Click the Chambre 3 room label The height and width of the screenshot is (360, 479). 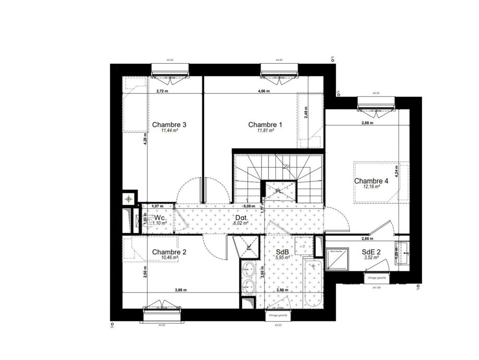[169, 125]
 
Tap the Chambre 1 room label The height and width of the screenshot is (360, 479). [265, 125]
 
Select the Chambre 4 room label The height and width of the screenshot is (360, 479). [371, 181]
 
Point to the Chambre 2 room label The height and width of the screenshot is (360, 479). [169, 252]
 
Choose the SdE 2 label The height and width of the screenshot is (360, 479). [371, 252]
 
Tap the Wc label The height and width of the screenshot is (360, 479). [160, 218]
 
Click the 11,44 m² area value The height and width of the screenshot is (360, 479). [169, 130]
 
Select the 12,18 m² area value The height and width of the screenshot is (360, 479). [371, 187]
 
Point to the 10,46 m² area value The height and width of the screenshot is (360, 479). [170, 257]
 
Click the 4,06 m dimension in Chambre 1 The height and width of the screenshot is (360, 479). [264, 91]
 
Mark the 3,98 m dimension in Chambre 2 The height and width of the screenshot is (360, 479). [181, 290]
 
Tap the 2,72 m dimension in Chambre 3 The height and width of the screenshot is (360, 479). [163, 91]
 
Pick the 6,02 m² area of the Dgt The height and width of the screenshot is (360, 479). [240, 223]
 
